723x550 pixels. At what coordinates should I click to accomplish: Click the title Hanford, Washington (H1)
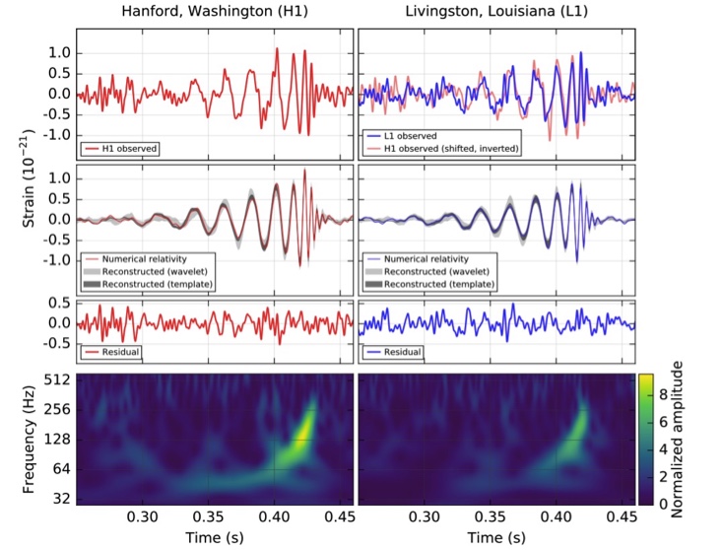[x=213, y=13]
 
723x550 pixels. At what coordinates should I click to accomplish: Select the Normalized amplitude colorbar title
[x=677, y=439]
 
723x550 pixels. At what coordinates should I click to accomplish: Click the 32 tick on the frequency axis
[x=58, y=498]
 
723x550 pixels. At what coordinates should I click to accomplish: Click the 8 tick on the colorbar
[x=664, y=389]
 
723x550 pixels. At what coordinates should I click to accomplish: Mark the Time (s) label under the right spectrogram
[x=496, y=539]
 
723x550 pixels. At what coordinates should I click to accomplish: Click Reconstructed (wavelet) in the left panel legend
[x=153, y=271]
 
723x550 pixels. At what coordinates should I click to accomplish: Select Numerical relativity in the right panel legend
[x=429, y=258]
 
